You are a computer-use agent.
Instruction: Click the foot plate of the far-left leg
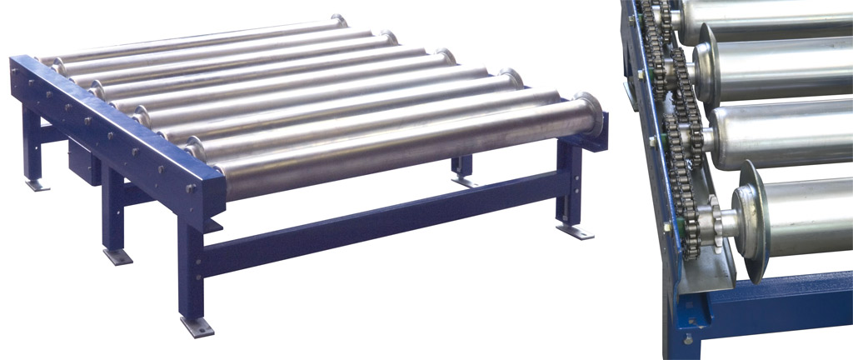[37, 185]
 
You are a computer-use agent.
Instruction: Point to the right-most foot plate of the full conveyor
[575, 232]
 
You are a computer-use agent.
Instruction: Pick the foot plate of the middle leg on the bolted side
[117, 256]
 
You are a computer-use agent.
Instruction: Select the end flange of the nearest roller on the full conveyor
[588, 116]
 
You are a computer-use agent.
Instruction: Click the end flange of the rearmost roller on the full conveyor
[338, 21]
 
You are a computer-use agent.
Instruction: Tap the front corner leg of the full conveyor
[191, 267]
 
